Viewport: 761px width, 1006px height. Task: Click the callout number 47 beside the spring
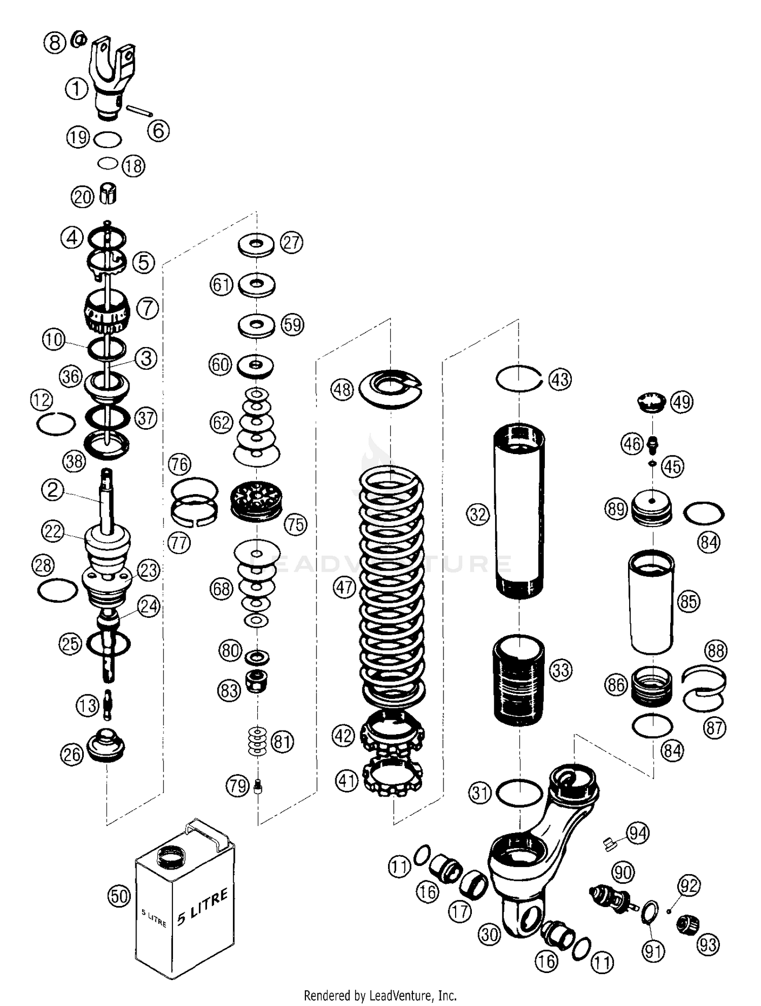coord(344,587)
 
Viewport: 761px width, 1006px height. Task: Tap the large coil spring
coord(392,588)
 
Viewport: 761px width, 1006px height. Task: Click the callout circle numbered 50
coord(119,896)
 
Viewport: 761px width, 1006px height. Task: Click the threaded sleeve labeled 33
coord(518,680)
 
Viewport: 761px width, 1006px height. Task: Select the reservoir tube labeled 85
coord(652,602)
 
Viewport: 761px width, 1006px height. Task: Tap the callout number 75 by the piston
coord(296,524)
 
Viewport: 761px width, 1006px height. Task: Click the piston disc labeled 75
coord(256,501)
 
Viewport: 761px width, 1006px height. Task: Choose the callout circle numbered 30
coord(490,934)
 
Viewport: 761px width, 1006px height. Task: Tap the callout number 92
coord(689,886)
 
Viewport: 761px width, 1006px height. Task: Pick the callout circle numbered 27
coord(292,242)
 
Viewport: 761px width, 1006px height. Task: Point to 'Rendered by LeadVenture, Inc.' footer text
coord(380,995)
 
